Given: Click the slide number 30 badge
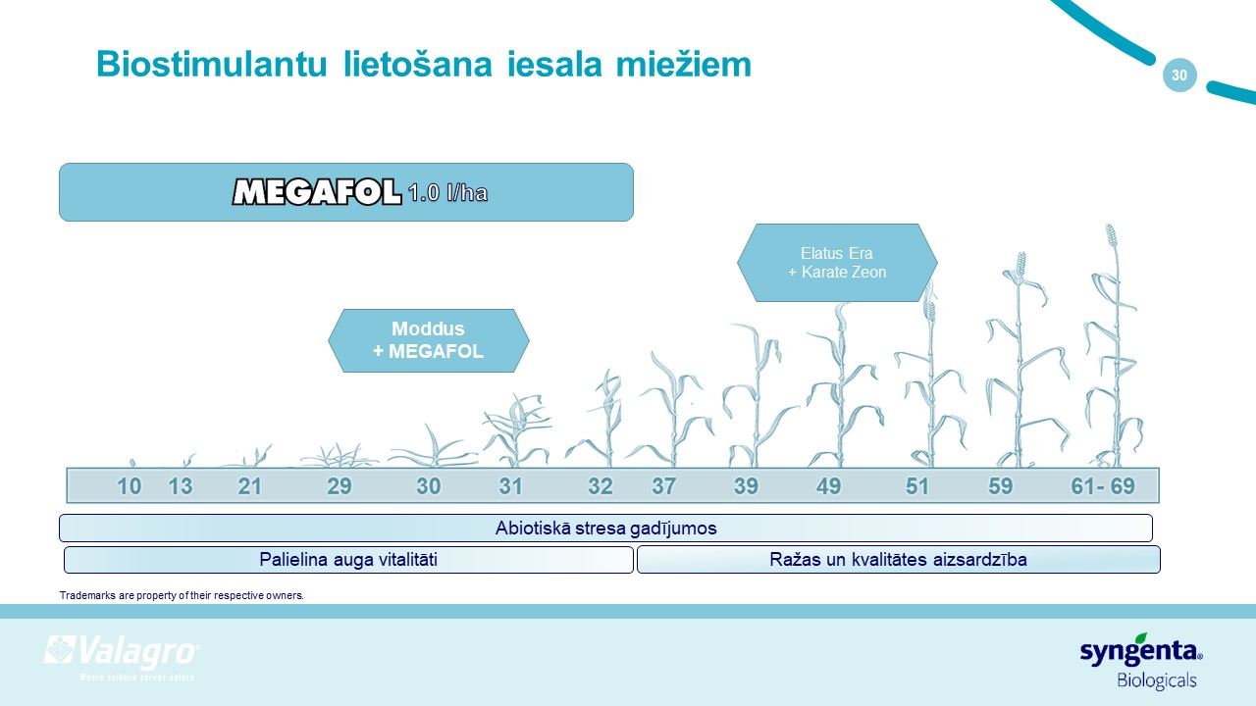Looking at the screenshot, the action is (x=1179, y=76).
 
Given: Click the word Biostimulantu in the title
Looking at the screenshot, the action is (x=211, y=65).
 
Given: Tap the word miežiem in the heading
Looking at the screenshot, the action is (x=684, y=65).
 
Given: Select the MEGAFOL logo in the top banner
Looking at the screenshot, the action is (x=317, y=192).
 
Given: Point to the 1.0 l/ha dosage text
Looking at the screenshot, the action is (x=448, y=193).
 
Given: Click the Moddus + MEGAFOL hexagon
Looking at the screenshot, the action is (x=429, y=340).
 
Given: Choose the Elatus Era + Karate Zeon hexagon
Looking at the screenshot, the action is (x=837, y=263).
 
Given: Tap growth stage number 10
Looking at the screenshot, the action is (x=129, y=486).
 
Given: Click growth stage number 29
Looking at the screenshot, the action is (x=340, y=486).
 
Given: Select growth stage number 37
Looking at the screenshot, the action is (x=664, y=486).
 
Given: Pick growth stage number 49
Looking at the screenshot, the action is (x=829, y=486).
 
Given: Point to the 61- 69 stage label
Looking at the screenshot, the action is (x=1103, y=486).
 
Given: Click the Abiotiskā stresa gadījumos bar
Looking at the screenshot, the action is (x=605, y=528).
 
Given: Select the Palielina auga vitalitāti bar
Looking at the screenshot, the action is (x=348, y=559).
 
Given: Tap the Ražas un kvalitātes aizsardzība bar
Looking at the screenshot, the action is (x=898, y=559).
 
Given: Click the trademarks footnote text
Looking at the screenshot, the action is (x=182, y=595).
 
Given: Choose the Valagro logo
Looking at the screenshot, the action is (x=123, y=657).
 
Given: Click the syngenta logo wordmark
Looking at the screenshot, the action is (x=1141, y=650).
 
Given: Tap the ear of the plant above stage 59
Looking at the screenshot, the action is (x=1021, y=265).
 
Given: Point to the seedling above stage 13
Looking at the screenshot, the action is (x=189, y=460).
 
